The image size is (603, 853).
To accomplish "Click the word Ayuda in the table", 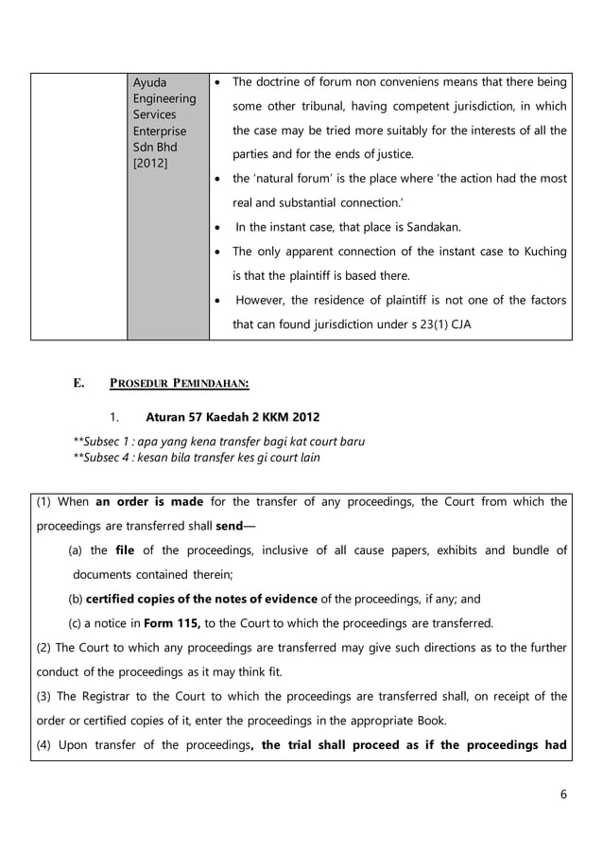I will click(149, 82).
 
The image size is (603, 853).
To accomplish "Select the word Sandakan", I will click(431, 227).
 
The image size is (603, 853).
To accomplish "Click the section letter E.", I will click(79, 383).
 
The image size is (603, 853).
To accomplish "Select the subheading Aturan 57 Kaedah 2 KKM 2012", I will click(233, 416).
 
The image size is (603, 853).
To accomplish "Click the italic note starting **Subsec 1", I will click(218, 441).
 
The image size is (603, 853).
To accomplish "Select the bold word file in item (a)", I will click(126, 550).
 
